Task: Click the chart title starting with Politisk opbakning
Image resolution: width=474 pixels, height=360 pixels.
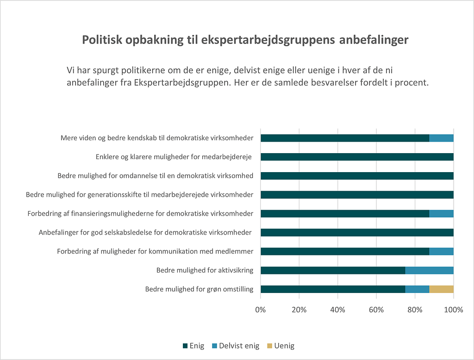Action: (245, 40)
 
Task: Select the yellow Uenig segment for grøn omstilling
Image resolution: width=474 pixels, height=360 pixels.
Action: (441, 289)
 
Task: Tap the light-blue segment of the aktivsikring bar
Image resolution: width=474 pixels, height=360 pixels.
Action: (429, 270)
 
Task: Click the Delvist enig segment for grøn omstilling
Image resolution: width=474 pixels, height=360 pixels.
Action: (417, 289)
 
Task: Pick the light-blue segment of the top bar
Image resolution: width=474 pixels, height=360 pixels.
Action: (441, 138)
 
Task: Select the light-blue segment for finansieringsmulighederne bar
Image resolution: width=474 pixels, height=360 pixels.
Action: (441, 213)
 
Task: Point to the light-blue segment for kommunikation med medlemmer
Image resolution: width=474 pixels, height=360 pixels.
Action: (441, 251)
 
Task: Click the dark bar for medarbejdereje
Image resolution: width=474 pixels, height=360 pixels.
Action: (357, 157)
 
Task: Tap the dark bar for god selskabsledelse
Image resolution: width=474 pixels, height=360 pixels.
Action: (357, 232)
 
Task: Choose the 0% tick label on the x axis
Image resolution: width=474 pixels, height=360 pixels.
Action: (261, 310)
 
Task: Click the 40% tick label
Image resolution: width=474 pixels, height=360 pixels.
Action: (338, 310)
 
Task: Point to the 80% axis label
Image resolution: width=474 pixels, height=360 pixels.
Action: (415, 310)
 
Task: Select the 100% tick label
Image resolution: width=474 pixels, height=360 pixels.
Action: (453, 310)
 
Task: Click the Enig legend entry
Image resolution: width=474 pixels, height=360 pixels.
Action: (193, 346)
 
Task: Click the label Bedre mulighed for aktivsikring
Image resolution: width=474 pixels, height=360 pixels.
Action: (205, 270)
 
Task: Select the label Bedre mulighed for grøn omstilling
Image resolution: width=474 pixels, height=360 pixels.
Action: (199, 289)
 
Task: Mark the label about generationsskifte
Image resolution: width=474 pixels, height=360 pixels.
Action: (139, 194)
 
